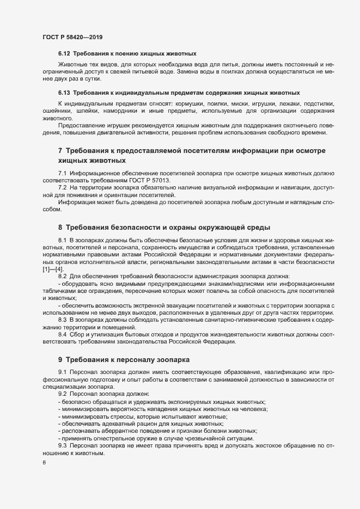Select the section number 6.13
[64, 91]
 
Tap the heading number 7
[60, 150]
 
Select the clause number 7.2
[63, 187]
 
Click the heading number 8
[60, 226]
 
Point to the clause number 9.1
[63, 372]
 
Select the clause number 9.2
[63, 393]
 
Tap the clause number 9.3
[63, 446]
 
